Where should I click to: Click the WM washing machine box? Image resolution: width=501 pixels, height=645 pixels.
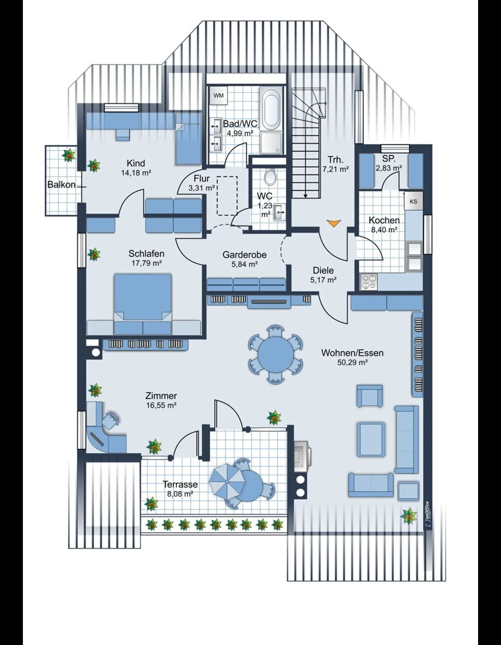coord(218,95)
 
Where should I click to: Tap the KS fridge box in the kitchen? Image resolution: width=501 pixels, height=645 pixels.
coord(413,201)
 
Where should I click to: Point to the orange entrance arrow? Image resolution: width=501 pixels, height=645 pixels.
coord(333,223)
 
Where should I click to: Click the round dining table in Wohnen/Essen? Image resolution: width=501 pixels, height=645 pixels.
coord(275,354)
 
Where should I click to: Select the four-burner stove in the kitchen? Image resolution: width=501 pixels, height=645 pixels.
coord(369,281)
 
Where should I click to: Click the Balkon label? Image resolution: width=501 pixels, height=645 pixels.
coord(62,185)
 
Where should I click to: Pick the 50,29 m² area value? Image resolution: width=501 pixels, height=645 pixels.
coord(352,362)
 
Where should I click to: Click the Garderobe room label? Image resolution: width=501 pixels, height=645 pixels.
coord(244,255)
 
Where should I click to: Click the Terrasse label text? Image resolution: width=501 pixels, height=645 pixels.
coord(180,484)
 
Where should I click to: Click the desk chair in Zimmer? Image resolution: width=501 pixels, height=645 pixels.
coord(111,420)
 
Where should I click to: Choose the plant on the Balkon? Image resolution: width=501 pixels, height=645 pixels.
coord(68,155)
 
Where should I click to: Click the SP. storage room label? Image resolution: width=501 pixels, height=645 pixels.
coord(388,159)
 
